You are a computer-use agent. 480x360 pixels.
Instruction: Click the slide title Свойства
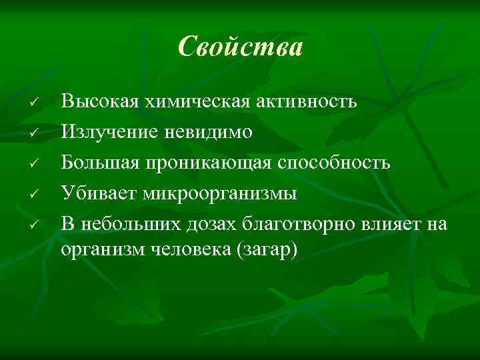coord(240,47)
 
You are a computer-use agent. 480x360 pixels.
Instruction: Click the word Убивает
coord(95,193)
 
